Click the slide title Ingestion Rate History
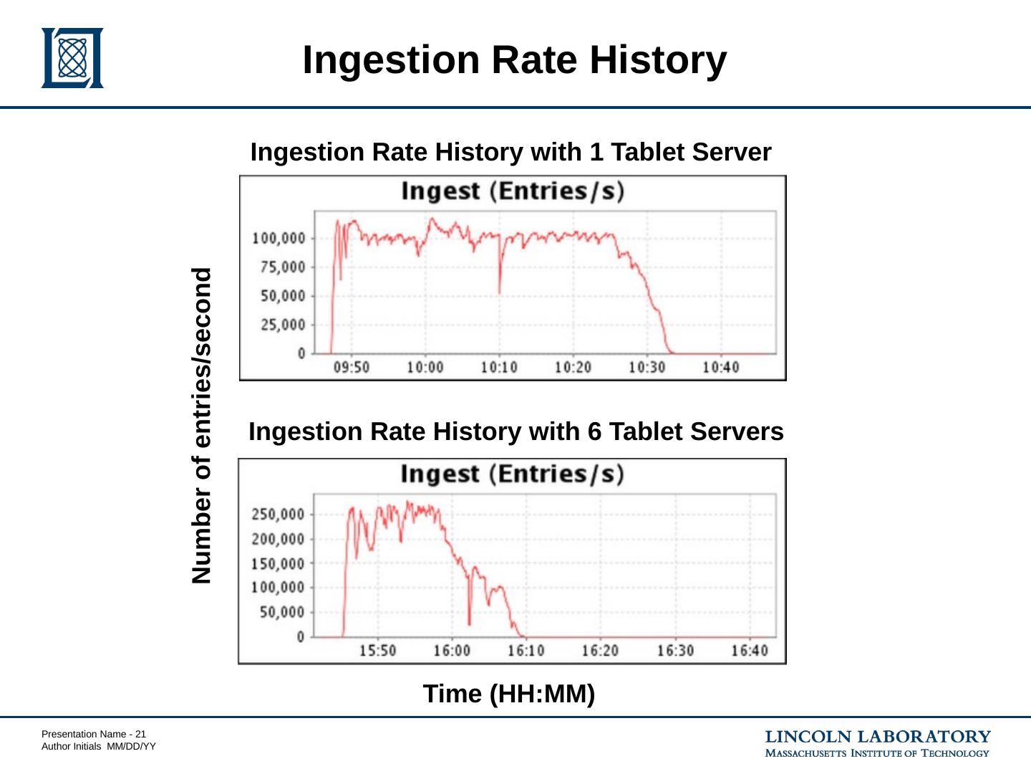click(514, 59)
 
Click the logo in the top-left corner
click(72, 58)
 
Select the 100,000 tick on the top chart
click(279, 238)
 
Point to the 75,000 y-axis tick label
click(282, 267)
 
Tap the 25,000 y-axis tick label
click(282, 325)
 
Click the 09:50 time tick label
click(352, 368)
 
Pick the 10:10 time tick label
click(499, 368)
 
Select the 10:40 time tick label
click(720, 368)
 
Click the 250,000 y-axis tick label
click(277, 515)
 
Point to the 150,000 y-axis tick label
click(277, 564)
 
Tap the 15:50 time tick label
click(377, 651)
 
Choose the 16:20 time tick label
click(599, 651)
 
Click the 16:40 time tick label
click(749, 651)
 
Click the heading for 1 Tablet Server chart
click(510, 153)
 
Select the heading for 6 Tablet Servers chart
click(515, 432)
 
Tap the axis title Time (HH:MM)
click(508, 694)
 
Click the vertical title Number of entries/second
click(203, 426)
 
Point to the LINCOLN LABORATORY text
click(878, 737)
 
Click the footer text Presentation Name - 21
click(94, 734)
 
